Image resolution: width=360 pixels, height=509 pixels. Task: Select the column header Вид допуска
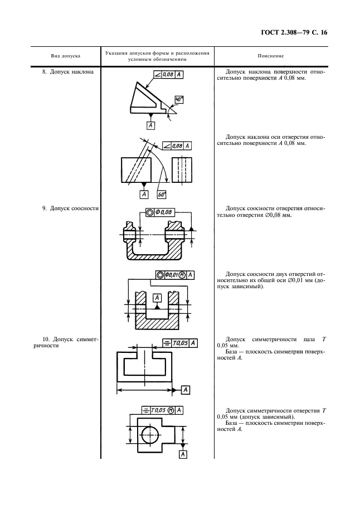(66, 56)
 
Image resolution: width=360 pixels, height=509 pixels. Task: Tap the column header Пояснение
(271, 56)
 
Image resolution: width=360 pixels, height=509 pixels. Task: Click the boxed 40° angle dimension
(178, 100)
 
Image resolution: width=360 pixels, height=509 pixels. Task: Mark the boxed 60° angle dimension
(163, 195)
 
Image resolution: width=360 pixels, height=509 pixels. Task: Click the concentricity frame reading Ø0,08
(159, 212)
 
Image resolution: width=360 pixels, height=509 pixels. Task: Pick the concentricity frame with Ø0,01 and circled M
(175, 275)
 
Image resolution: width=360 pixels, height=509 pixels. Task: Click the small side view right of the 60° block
(182, 169)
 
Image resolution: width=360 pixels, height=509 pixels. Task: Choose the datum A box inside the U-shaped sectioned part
(158, 298)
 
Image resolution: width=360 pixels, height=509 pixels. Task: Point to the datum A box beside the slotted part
(186, 389)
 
